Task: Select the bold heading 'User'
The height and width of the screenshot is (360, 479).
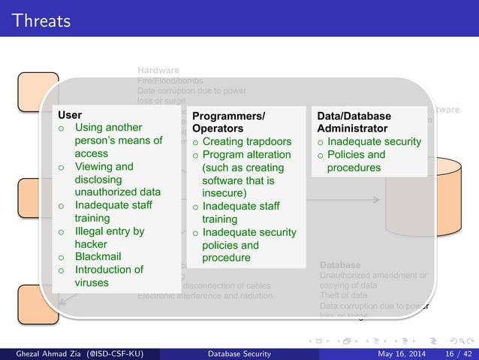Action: (71, 116)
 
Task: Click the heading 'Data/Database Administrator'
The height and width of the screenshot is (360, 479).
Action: (354, 123)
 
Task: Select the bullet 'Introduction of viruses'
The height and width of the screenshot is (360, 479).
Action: (108, 276)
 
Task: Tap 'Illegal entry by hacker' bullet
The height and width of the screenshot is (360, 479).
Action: (109, 237)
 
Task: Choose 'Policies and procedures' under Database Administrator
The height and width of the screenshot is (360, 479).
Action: (357, 161)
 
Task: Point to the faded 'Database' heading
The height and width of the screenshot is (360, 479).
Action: (340, 265)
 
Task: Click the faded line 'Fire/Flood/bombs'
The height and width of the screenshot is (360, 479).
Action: (170, 80)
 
